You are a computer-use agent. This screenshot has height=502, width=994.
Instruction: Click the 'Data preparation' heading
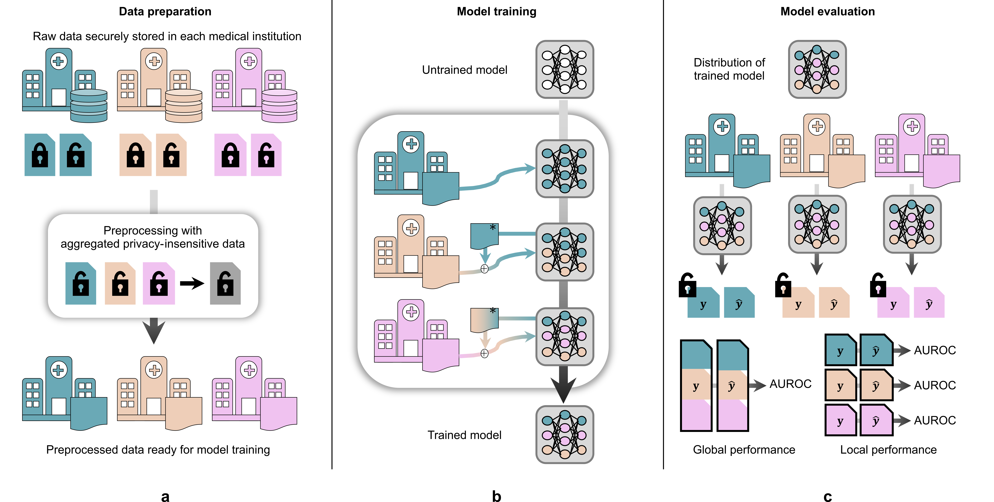[x=165, y=12]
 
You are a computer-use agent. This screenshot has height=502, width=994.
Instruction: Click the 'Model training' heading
[x=497, y=12]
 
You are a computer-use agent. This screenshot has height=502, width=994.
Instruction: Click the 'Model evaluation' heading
[x=828, y=12]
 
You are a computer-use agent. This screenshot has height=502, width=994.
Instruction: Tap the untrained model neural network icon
[x=565, y=70]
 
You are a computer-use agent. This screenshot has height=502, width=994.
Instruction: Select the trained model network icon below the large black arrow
[x=565, y=434]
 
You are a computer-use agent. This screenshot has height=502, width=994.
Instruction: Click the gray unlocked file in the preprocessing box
[x=225, y=283]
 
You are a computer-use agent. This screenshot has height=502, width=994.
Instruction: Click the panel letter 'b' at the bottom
[x=497, y=496]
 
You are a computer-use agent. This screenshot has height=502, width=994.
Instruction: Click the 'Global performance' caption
[x=744, y=450]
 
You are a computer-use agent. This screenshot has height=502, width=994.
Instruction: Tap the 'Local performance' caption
[x=888, y=450]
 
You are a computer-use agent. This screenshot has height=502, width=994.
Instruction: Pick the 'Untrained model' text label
[x=465, y=70]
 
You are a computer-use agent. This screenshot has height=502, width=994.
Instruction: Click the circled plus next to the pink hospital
[x=484, y=353]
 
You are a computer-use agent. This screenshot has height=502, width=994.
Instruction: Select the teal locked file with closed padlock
[x=40, y=155]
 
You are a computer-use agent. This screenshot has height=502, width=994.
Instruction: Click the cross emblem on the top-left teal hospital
[x=59, y=61]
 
